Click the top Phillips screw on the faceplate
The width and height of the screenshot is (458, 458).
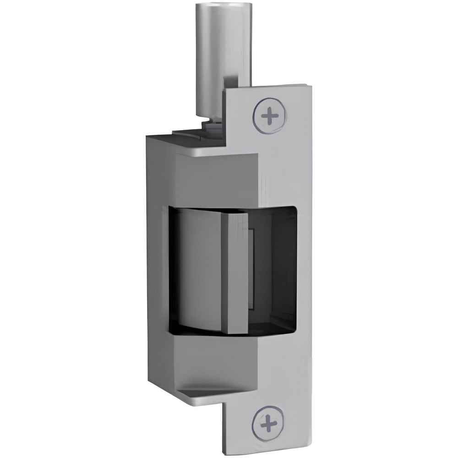point(269,114)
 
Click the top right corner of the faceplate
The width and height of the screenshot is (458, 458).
point(305,85)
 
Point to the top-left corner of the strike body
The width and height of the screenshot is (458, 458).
point(147,136)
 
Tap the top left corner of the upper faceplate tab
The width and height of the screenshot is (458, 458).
point(228,90)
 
